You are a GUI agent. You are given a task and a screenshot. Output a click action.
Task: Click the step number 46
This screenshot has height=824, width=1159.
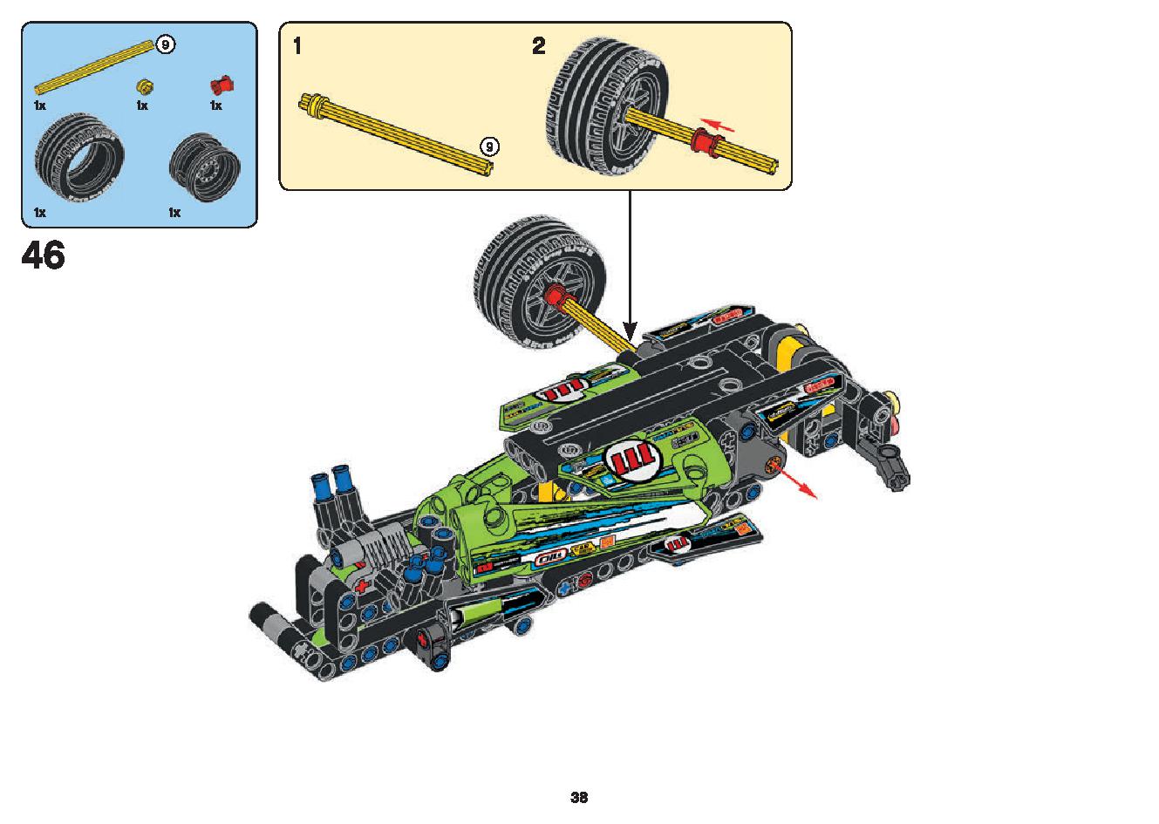pos(44,255)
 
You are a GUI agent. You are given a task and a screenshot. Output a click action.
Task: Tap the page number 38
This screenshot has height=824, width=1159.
pos(579,797)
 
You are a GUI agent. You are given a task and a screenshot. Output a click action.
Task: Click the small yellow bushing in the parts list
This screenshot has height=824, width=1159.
pos(145,85)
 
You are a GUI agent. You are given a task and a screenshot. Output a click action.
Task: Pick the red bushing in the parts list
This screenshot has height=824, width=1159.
pos(222,84)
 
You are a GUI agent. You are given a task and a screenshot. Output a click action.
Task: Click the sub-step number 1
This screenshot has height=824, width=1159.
pos(297,47)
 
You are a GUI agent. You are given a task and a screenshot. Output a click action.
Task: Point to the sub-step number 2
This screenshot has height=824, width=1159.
pos(539,47)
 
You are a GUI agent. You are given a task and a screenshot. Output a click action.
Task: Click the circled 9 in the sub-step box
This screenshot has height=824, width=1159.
pos(490,146)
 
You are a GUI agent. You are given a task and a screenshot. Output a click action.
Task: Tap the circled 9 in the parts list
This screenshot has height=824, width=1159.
pos(165,44)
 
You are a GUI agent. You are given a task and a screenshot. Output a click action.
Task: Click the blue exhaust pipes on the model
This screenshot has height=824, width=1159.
pos(331,487)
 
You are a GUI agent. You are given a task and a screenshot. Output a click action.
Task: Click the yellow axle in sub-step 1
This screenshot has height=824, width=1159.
pos(398,130)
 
